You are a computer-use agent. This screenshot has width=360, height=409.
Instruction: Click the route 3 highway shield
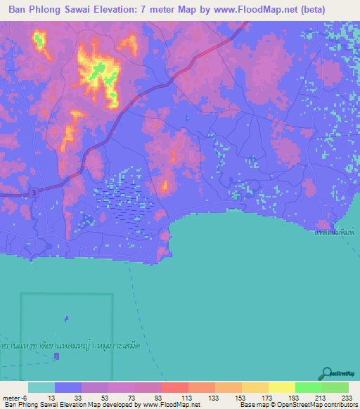[32, 193]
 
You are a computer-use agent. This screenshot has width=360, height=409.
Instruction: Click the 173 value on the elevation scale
[255, 398]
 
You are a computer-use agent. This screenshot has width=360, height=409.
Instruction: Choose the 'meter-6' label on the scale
[15, 398]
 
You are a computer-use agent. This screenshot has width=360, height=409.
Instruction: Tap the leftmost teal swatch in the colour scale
[41, 387]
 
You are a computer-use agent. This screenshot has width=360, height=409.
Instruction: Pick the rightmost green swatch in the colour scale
[335, 387]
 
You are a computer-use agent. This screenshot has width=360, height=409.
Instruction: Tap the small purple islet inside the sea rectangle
[67, 319]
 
